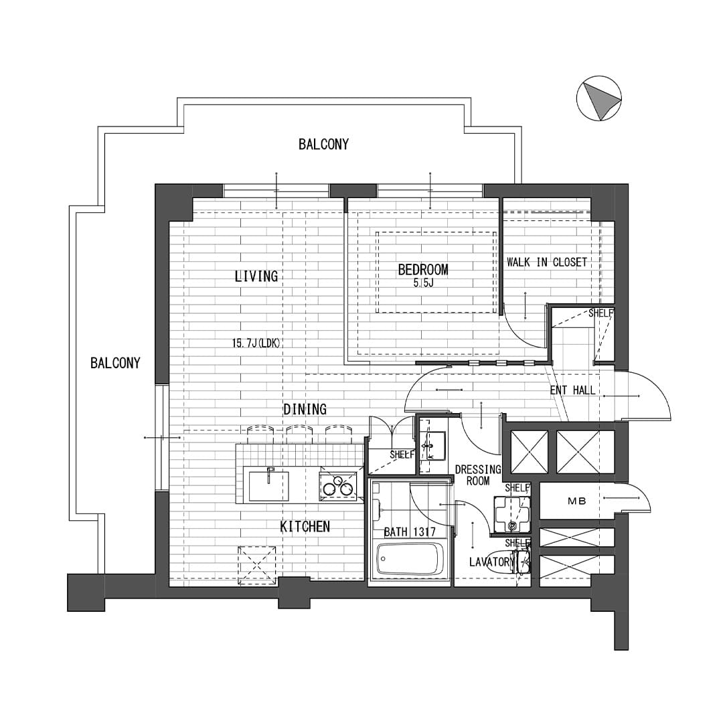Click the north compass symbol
599,98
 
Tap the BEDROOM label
423,269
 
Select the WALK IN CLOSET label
547,262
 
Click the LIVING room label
256,276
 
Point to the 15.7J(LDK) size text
256,343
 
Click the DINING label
305,409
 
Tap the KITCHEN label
305,527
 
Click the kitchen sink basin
269,487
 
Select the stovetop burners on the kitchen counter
339,485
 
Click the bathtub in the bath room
410,559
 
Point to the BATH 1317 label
410,532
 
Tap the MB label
576,500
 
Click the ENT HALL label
572,390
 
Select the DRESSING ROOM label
478,475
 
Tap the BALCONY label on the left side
115,364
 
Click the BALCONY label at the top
324,145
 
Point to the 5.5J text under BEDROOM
424,283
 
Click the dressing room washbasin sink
432,445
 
